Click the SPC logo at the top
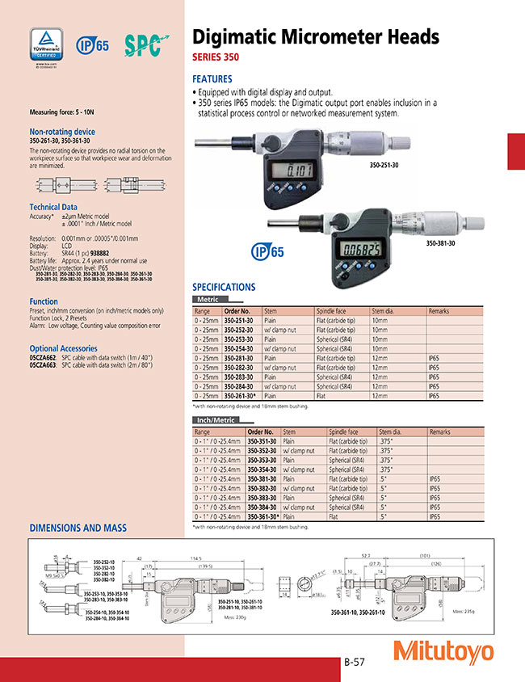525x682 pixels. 145,44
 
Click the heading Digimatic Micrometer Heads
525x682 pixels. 315,37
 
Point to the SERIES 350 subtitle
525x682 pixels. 216,58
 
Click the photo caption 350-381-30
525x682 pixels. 440,242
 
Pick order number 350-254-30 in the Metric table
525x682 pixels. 240,348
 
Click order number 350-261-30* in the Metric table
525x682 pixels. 241,396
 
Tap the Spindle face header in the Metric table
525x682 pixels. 331,310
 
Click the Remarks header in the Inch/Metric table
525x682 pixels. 440,432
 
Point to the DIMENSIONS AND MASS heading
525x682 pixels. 78,528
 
